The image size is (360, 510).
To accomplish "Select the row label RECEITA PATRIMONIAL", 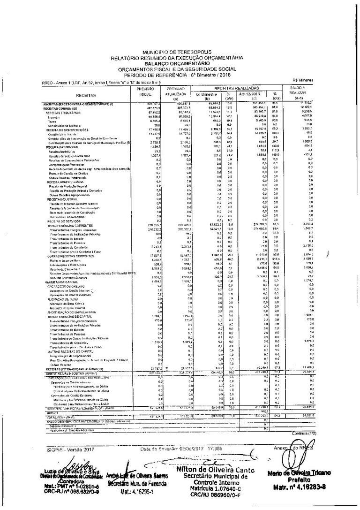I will (x=60, y=147).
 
